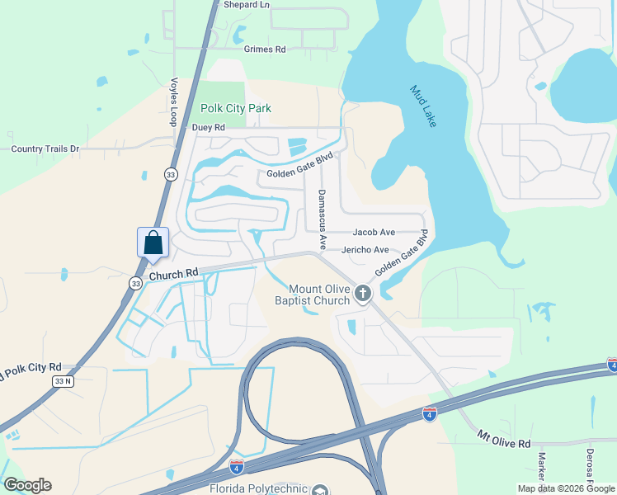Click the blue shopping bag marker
(153, 243)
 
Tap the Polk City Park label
(236, 108)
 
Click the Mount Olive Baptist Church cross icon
(361, 293)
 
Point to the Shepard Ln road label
(247, 5)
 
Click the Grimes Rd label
(264, 49)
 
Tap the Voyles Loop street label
(174, 101)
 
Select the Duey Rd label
(208, 128)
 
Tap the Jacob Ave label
(374, 233)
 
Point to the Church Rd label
(174, 273)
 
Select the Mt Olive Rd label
(504, 438)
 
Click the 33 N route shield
(63, 381)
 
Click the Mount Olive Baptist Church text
(313, 295)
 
